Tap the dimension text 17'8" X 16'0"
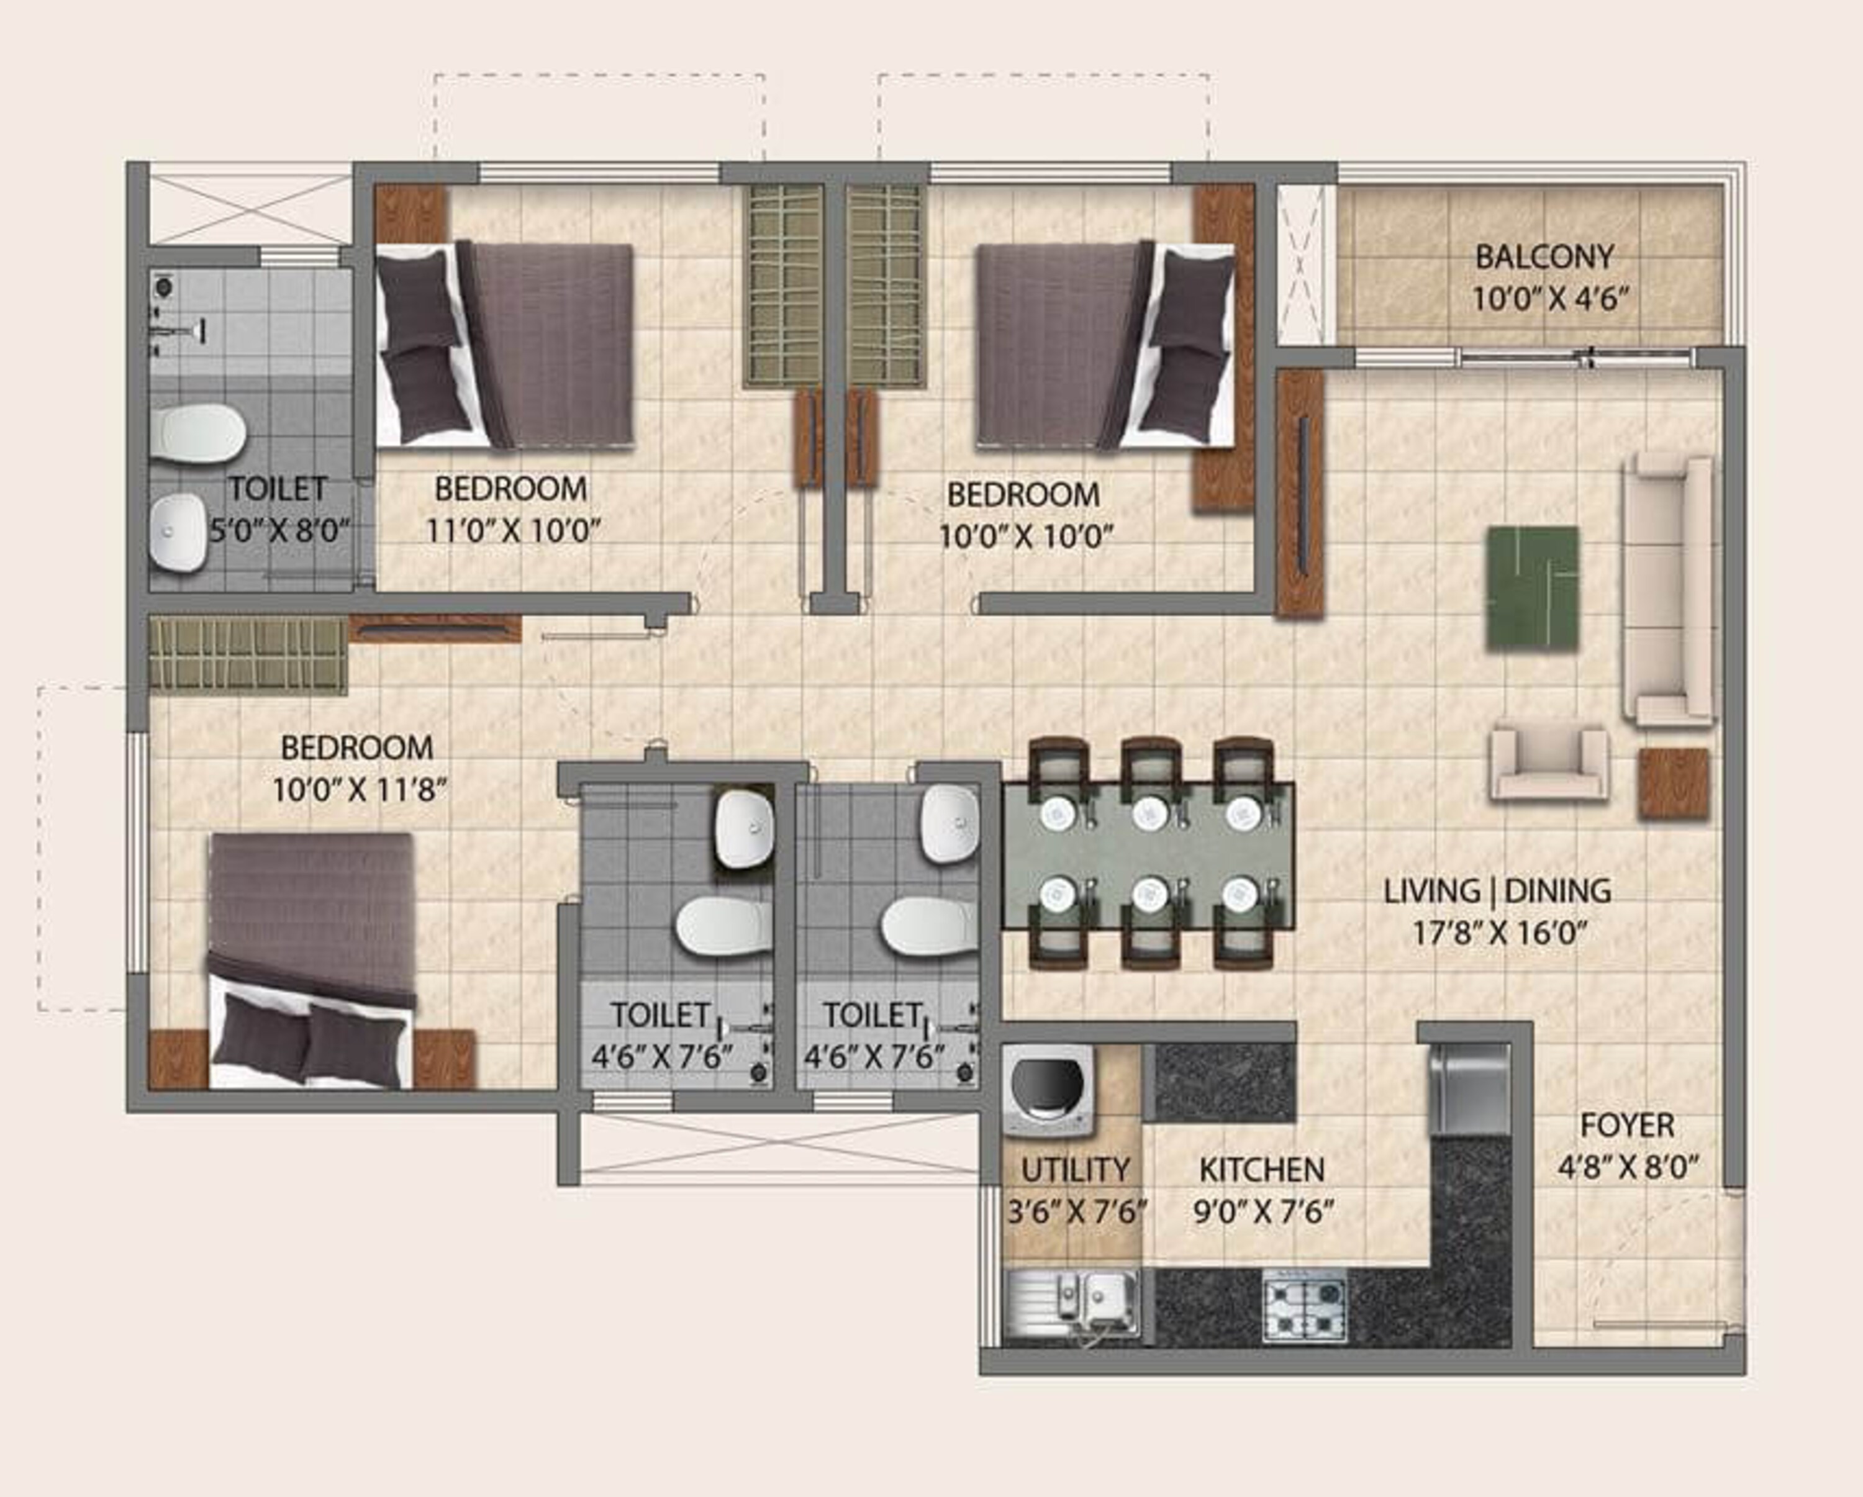point(1501,933)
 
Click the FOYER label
point(1627,1126)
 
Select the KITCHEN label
point(1262,1170)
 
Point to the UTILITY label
point(1075,1170)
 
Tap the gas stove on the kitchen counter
point(1304,1305)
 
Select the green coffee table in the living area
point(1532,588)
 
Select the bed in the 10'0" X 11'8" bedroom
point(311,959)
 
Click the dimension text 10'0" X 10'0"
point(1026,537)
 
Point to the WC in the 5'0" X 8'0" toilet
point(197,433)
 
